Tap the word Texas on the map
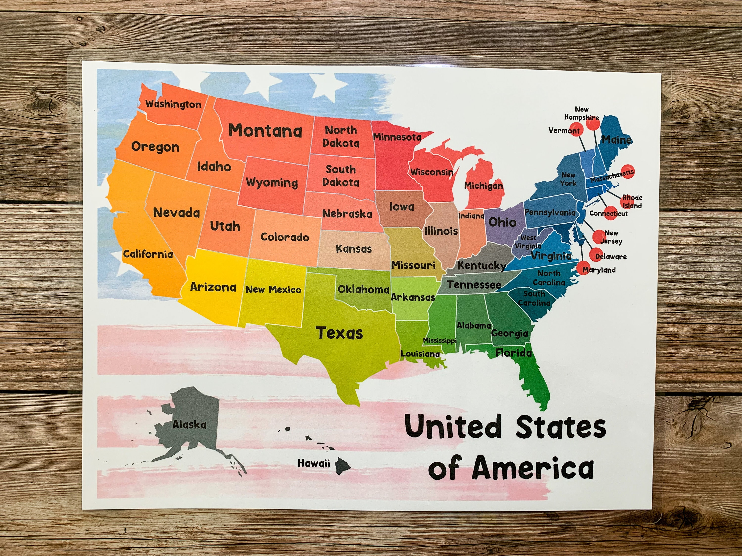[339, 333]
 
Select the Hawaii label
[314, 464]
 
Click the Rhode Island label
[632, 202]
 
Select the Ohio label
[502, 222]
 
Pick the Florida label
[513, 353]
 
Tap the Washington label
[173, 105]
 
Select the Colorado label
[284, 237]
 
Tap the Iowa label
[401, 207]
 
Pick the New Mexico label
[273, 290]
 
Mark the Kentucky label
[482, 266]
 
